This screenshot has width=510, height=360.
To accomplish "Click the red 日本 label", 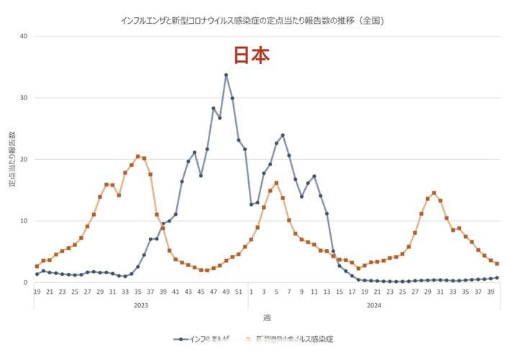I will pos(252,55).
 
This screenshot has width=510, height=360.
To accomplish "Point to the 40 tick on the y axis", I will pos(23,36).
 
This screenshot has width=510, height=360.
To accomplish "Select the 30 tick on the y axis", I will pos(23,98).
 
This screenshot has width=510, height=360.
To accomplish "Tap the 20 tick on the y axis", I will pos(23,160).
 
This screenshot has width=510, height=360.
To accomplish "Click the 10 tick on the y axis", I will pos(23,221).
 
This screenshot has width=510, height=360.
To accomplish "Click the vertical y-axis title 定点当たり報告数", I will pos(12,160).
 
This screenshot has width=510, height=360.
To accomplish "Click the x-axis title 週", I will pos(267,318).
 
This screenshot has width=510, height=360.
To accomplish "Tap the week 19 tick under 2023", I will pos(37,292).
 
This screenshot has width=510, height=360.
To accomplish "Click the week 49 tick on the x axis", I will pos(226,292).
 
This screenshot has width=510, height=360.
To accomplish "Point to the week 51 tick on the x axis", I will pos(239,292).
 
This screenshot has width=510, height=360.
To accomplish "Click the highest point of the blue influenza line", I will pos(226,75).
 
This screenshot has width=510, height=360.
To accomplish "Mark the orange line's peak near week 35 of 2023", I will pos(138,156).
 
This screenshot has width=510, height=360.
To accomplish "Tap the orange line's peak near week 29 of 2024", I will pos(434,193).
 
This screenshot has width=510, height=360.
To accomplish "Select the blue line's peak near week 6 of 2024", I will pos(283,135).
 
